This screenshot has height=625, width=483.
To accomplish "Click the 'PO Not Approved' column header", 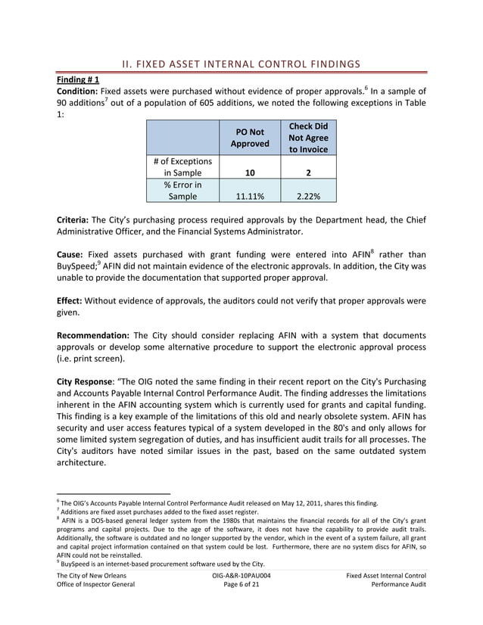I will [249, 137].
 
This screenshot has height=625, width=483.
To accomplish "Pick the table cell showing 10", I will [249, 173].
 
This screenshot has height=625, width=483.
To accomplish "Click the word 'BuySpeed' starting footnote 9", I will [77, 563].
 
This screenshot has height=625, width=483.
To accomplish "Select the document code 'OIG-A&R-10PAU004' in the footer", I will [241, 577].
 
